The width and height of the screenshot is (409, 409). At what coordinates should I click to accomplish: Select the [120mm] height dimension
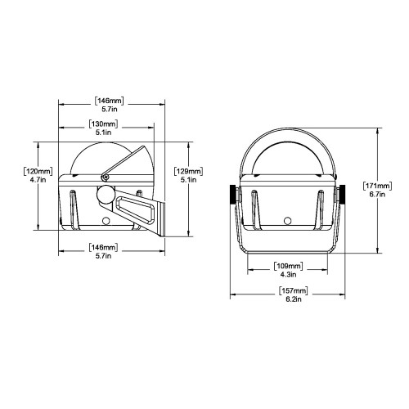point(38,171)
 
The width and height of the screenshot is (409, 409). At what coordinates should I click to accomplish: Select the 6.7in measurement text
point(379,196)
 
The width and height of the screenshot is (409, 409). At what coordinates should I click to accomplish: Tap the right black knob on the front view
point(342,194)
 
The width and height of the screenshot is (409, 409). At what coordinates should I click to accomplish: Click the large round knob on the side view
point(106,196)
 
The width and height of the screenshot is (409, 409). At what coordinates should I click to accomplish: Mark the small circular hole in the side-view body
point(106,220)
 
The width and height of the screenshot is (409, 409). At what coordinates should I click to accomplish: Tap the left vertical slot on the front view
point(256,209)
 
